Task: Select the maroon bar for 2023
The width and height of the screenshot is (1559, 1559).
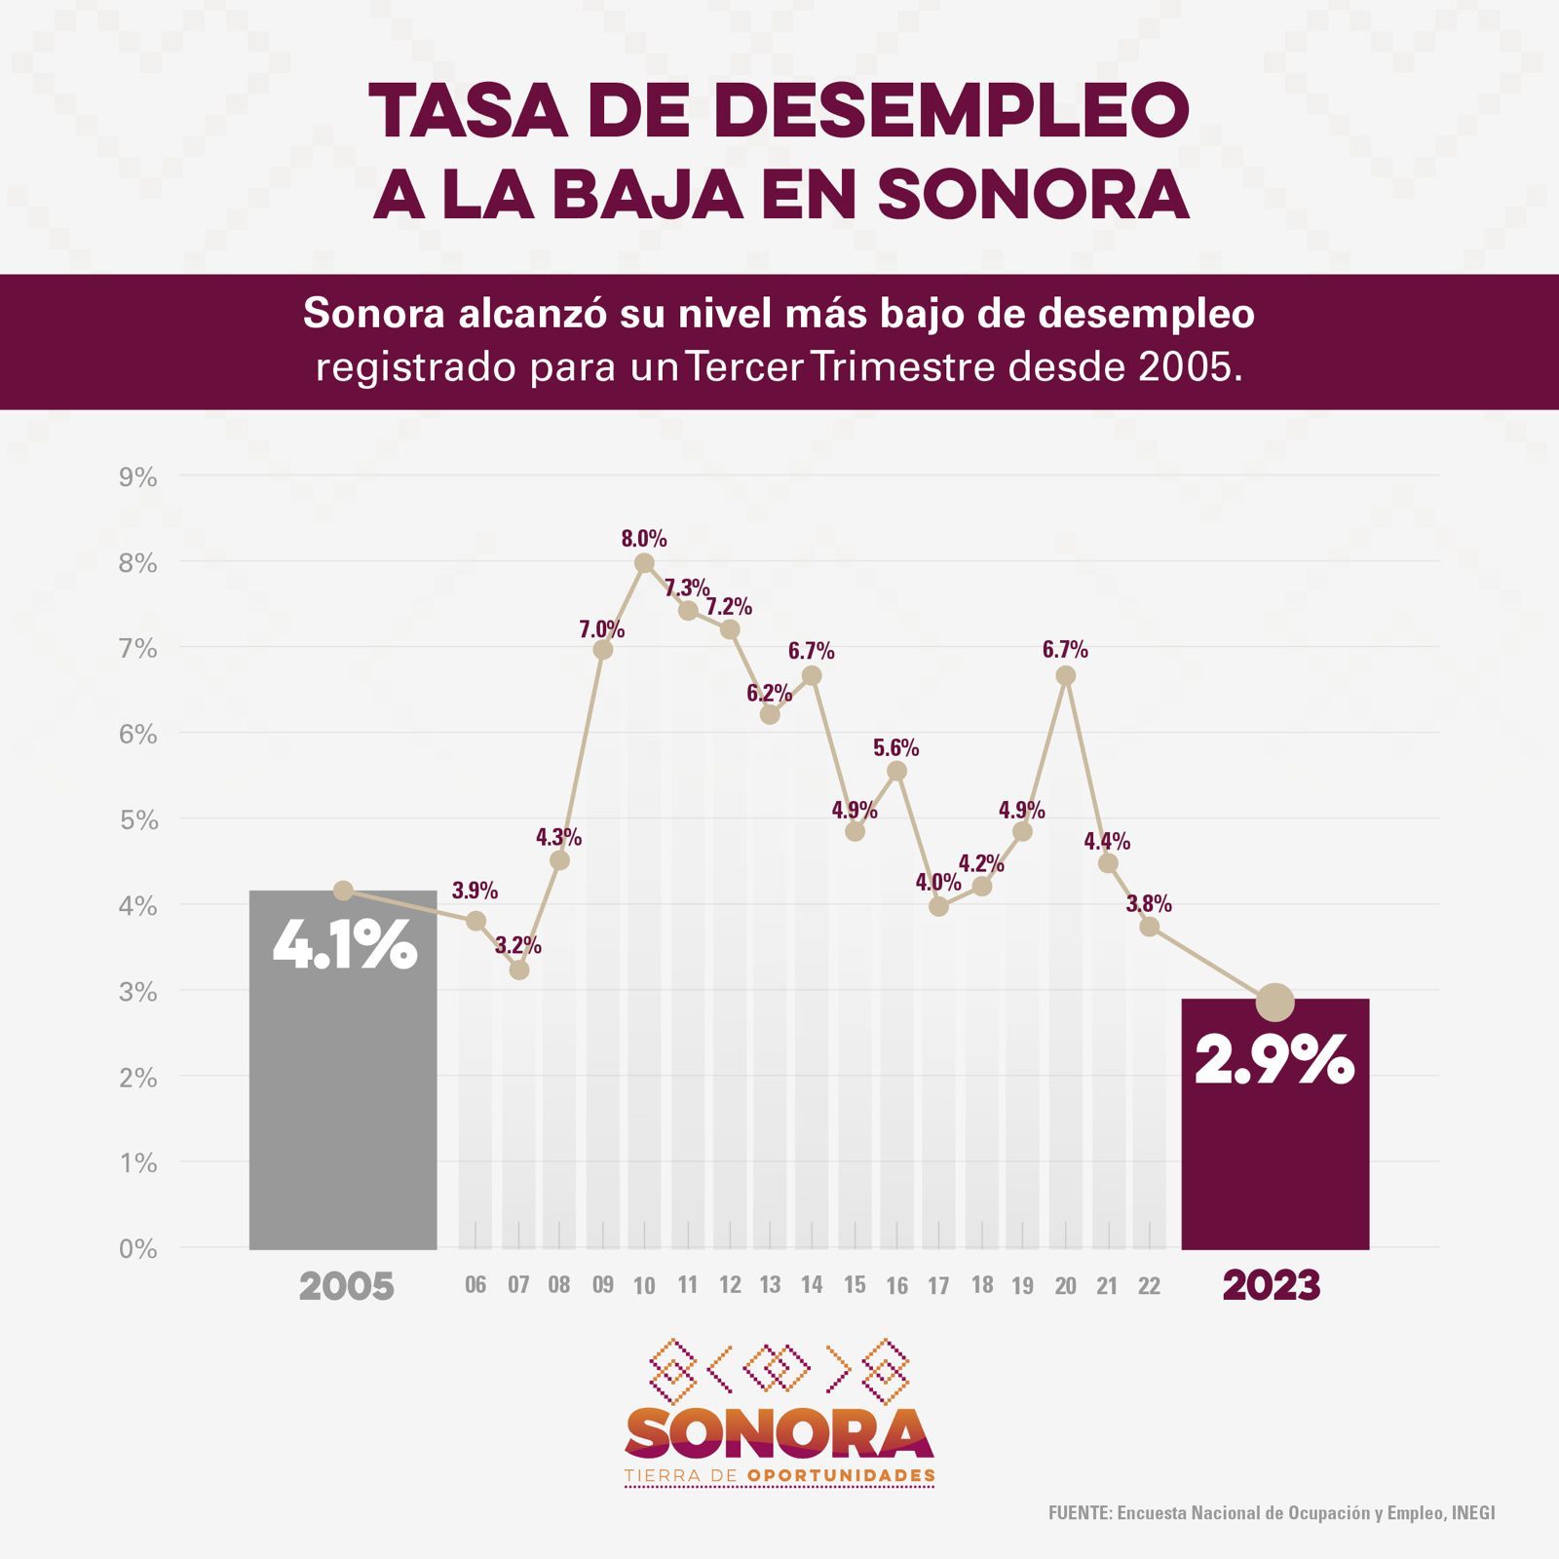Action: coord(1274,1160)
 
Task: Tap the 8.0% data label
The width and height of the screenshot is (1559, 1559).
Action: coord(644,539)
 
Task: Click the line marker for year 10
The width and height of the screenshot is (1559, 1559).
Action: coord(644,563)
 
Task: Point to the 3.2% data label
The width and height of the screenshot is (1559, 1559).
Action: coord(517,945)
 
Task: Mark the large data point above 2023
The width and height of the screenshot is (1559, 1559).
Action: coord(1274,1002)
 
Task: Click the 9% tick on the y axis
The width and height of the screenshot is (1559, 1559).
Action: coord(137,477)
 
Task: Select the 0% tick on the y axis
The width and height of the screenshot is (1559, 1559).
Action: coord(137,1249)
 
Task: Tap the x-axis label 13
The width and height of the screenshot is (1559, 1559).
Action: coord(770,1285)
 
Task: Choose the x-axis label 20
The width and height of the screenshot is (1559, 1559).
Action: coord(1065,1286)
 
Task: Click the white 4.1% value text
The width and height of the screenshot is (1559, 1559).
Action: coord(345,945)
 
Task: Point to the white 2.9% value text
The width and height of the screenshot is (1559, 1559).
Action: coord(1274,1059)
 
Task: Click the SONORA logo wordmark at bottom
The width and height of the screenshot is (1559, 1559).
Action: coord(779,1433)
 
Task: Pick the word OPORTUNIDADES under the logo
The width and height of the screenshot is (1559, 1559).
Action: coord(841,1476)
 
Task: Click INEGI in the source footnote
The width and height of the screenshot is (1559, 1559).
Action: coord(1472,1513)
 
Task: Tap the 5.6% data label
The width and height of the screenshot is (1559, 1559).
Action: coord(895,747)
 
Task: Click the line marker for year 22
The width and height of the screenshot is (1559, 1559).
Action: coord(1150,927)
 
